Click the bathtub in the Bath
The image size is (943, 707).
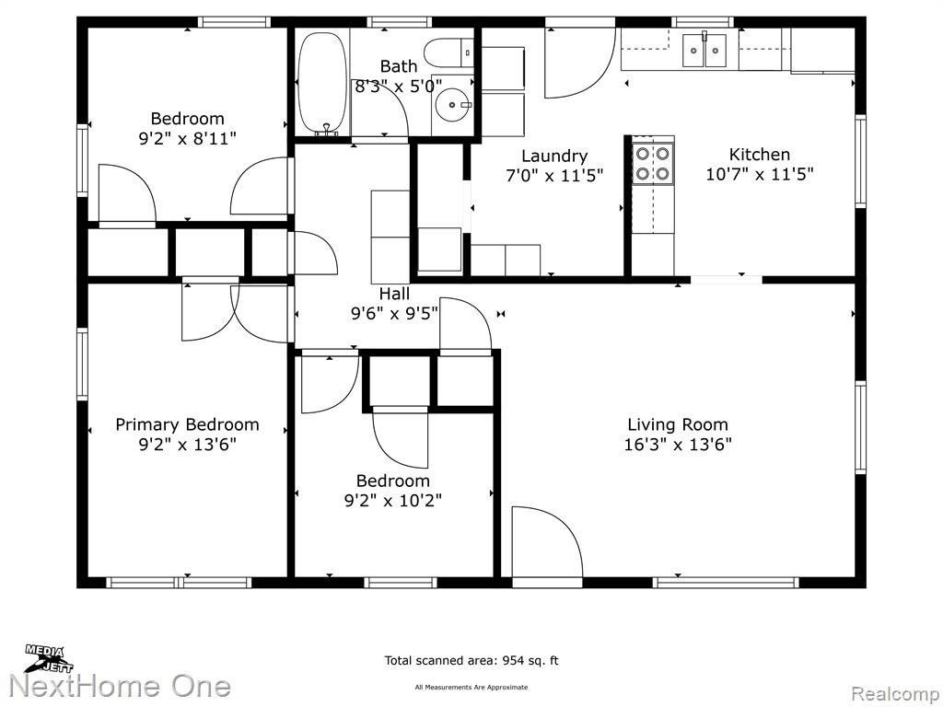(x=323, y=83)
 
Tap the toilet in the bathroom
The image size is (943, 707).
(x=448, y=52)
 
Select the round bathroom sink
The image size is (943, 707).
(x=453, y=105)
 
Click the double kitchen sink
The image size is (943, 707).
(x=704, y=50)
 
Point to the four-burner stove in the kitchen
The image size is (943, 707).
(x=653, y=164)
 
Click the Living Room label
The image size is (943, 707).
(x=678, y=424)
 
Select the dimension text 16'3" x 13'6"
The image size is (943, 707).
(x=678, y=445)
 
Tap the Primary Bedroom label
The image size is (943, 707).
(x=187, y=425)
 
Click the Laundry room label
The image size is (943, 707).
(x=553, y=156)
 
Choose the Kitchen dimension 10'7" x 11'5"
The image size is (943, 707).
(x=760, y=174)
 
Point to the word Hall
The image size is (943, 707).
(x=394, y=294)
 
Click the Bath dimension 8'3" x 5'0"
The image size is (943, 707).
(x=398, y=86)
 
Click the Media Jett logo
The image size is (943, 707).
(x=49, y=659)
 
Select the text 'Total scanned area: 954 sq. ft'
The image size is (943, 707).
(x=471, y=661)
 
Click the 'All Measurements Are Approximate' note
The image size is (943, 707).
(x=471, y=687)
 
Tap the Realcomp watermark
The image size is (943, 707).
(x=895, y=694)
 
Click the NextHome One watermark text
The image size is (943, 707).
(x=121, y=687)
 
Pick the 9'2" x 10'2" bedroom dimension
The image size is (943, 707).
(x=393, y=500)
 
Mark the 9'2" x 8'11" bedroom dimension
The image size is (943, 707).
(x=188, y=139)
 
